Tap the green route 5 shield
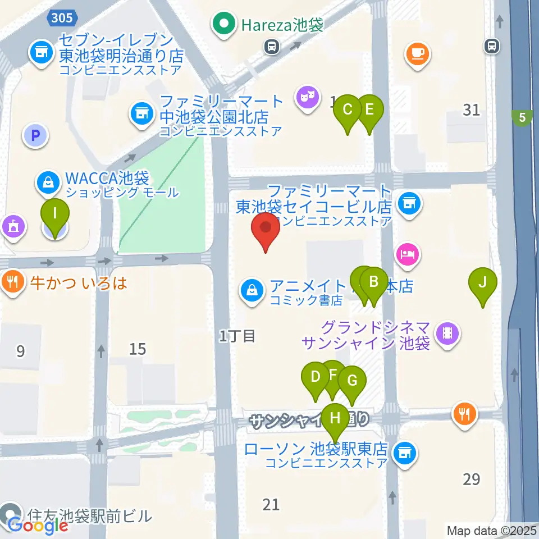point(523,118)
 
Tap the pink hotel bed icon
point(407,254)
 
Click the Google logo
point(38,526)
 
